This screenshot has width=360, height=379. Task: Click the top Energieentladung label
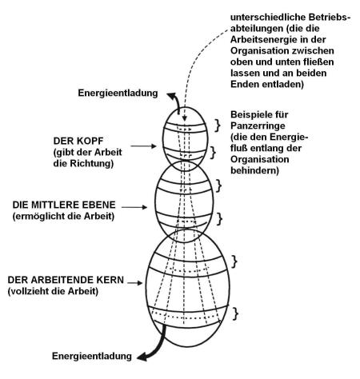[118, 94]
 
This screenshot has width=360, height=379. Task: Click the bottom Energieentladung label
[92, 356]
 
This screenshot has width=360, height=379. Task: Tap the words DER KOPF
[78, 141]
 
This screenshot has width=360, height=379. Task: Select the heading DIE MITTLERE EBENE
[64, 205]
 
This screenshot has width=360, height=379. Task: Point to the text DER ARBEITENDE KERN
[66, 280]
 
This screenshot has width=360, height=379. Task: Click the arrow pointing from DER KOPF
[143, 146]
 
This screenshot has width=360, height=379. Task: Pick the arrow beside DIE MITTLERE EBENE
[134, 207]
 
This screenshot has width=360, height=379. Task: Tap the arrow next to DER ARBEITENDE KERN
[135, 283]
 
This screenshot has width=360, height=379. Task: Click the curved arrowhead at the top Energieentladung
[171, 96]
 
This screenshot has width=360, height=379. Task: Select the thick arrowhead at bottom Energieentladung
[142, 357]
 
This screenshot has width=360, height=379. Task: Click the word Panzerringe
[258, 126]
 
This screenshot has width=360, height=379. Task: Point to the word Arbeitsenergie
[264, 40]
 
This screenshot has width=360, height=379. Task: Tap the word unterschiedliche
[268, 17]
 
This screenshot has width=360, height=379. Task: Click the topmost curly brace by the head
[218, 126]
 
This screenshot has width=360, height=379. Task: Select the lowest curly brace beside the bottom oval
[235, 313]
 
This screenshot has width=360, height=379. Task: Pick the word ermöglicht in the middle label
[39, 216]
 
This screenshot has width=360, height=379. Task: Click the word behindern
[254, 170]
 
